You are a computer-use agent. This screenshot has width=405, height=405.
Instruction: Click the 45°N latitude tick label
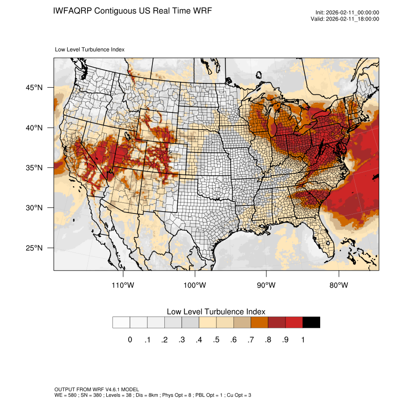pos(34,88)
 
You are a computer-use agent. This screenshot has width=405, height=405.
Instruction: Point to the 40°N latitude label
pos(34,128)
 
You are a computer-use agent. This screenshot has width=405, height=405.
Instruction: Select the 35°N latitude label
pos(34,168)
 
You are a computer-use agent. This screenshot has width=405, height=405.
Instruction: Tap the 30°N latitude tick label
pos(34,208)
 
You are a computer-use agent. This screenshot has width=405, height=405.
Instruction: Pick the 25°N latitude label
pos(34,248)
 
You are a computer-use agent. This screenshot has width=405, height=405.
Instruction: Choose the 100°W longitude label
pos(195,285)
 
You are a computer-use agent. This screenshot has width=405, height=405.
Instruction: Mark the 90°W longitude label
pos(267,285)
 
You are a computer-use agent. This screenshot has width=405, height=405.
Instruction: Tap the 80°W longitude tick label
pos(339,285)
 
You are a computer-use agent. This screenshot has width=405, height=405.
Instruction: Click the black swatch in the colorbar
pos(311,323)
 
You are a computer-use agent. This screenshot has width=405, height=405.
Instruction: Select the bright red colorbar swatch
pos(294,323)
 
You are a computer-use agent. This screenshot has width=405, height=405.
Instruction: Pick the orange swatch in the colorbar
pos(260,323)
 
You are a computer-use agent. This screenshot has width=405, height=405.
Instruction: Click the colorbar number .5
pos(216,340)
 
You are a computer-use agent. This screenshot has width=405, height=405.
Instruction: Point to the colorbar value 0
pos(130,340)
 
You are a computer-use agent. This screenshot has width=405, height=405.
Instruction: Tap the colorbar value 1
pos(303,340)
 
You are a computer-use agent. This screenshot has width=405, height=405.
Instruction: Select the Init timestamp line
pos(347,13)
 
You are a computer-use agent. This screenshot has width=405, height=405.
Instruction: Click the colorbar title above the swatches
pos(216,311)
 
